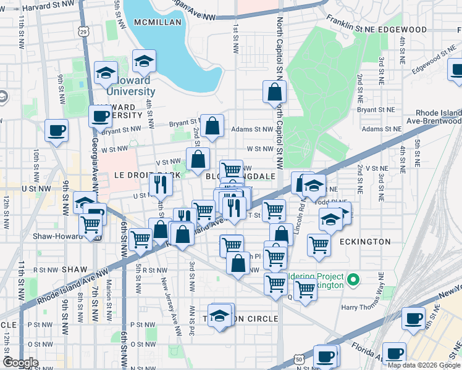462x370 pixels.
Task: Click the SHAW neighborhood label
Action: [x=74, y=269]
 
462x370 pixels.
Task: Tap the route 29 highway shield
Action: [x=83, y=30]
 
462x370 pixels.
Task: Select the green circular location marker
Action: [x=353, y=281]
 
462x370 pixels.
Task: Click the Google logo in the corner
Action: [x=20, y=362]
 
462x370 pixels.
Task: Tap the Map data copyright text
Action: [x=424, y=365]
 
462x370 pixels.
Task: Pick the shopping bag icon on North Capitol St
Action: [x=274, y=92]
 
